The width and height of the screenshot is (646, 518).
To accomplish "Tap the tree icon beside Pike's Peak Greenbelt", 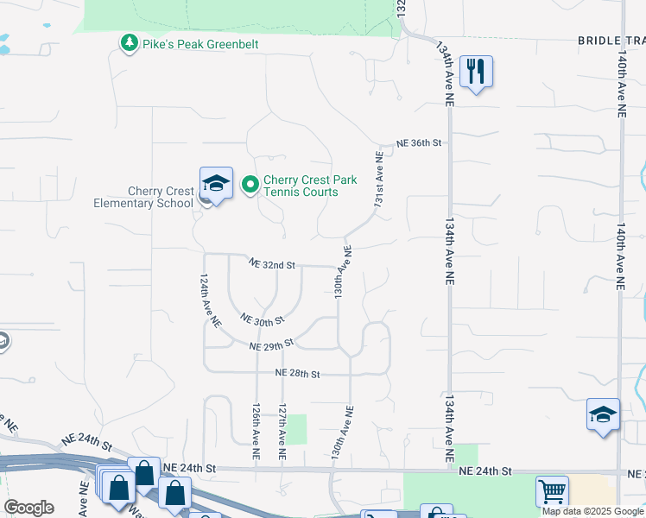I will click(x=130, y=42).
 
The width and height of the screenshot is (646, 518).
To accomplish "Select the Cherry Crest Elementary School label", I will click(x=143, y=198).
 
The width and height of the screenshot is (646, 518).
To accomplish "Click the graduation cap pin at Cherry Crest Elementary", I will click(x=216, y=184).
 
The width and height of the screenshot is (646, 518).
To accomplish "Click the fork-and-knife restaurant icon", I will click(x=475, y=72).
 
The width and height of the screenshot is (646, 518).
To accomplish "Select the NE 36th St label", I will click(x=419, y=142).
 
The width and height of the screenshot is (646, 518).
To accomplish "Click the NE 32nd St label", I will click(x=272, y=264).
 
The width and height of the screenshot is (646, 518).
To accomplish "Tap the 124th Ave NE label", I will click(x=210, y=300).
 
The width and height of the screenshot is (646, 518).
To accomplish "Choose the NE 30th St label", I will click(x=263, y=320).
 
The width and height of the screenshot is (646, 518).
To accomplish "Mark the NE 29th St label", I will click(x=272, y=344).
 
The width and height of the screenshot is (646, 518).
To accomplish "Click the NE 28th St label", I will click(x=298, y=374).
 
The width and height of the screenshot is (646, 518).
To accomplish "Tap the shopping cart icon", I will click(x=551, y=492).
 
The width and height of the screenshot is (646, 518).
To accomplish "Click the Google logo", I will click(x=28, y=508).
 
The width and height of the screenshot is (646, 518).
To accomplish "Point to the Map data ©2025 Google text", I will click(x=592, y=511).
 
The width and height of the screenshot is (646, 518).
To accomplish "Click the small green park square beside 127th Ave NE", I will click(x=297, y=429).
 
